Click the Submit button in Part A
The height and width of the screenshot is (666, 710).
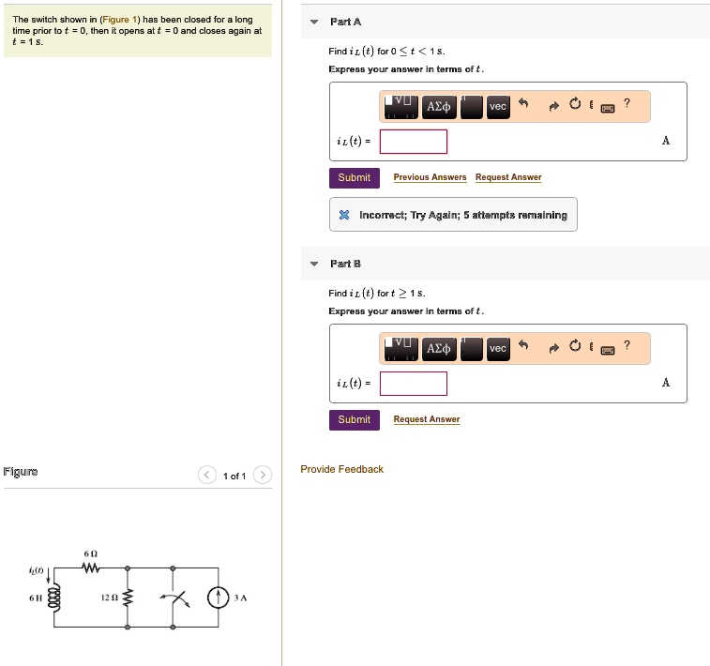coord(355,178)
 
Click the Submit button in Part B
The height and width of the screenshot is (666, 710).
coord(355,420)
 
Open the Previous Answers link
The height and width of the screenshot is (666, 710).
coord(430,177)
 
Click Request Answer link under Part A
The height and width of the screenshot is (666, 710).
coord(508,177)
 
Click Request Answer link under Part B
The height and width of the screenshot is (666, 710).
coord(427,419)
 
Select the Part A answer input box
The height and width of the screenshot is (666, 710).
coord(414,142)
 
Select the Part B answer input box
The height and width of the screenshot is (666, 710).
coord(414,384)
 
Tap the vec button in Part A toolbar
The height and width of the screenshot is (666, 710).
coord(498,107)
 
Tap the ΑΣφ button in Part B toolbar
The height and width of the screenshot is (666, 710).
coord(438,349)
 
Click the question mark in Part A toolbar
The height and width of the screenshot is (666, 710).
coord(627,103)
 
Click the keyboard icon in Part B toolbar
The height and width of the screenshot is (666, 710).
coord(607,350)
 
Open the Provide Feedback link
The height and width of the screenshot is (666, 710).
coord(341,470)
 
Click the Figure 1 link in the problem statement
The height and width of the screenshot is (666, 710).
coord(119,20)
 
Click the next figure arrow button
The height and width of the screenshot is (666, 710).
coord(263,475)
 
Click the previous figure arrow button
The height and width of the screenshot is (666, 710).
coord(207,475)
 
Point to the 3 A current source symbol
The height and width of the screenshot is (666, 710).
coord(218,598)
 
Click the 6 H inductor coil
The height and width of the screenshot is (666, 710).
coord(54,598)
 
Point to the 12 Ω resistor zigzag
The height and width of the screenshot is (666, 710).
coord(128,598)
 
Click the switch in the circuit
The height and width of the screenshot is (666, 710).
coord(175,598)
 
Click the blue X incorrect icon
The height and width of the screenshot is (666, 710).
coord(344,215)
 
